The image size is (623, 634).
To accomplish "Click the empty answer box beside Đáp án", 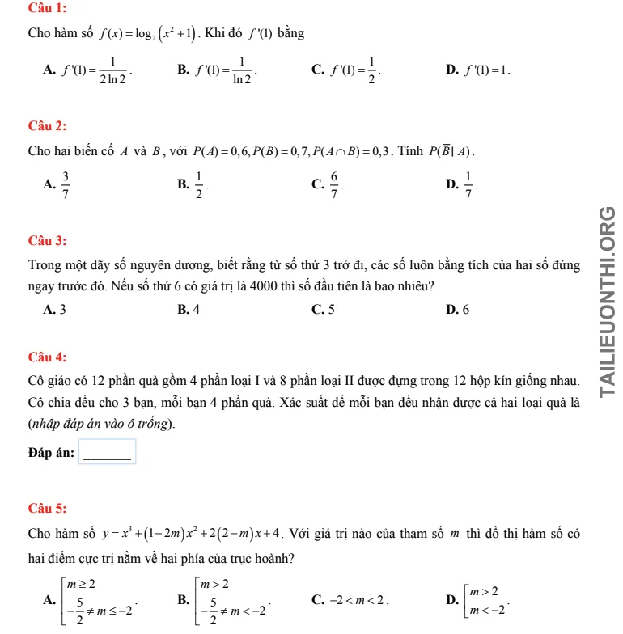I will click(107, 452).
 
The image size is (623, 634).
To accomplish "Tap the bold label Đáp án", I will click(51, 453).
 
